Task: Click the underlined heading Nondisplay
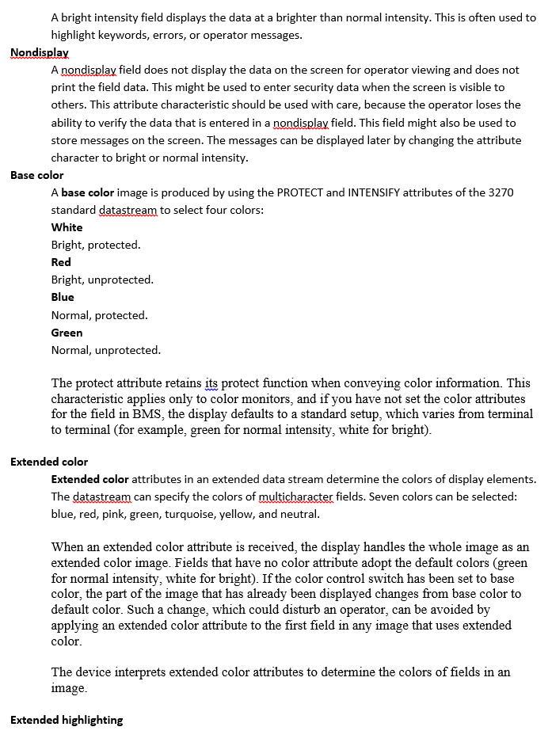pos(40,52)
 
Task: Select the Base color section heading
pos(37,175)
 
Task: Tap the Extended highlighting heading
pos(67,720)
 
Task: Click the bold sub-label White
pos(67,227)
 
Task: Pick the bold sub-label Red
pos(61,262)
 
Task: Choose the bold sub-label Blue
pos(63,297)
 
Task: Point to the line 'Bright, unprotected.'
pos(102,280)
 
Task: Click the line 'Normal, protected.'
pos(99,315)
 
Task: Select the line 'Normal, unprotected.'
pos(105,350)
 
